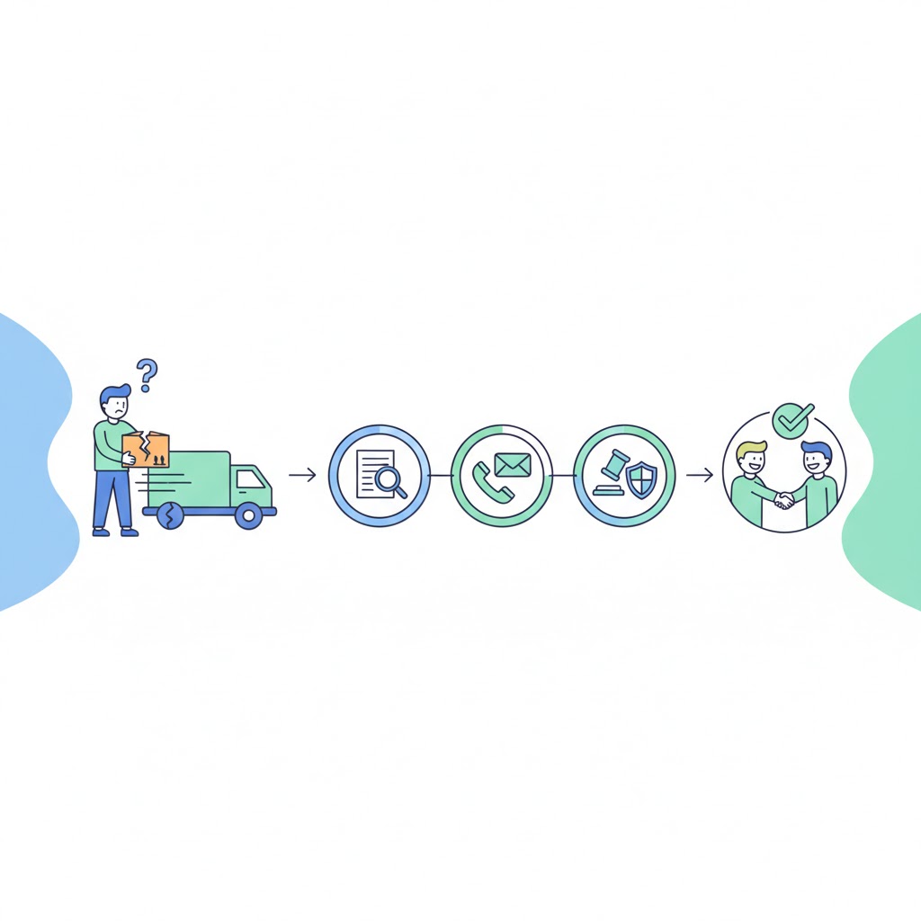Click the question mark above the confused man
(147, 370)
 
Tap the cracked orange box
(146, 449)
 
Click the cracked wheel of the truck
(169, 515)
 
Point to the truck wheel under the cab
(248, 515)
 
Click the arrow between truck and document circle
(302, 474)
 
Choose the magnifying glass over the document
(390, 481)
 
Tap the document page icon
(371, 471)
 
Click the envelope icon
(513, 464)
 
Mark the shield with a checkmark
(641, 480)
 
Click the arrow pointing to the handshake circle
(699, 474)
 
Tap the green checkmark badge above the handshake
(792, 420)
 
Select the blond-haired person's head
(751, 460)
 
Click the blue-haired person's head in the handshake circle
(816, 460)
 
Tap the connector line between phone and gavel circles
(562, 474)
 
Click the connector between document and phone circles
(441, 474)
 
